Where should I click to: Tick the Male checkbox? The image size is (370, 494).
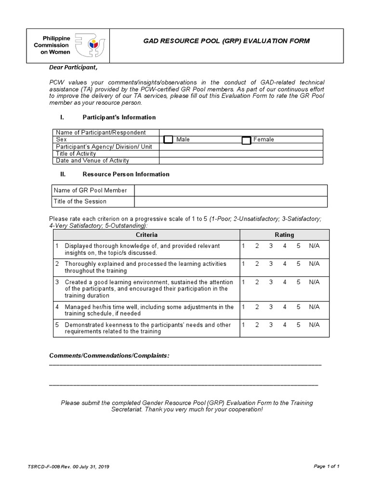pyautogui.click(x=168, y=140)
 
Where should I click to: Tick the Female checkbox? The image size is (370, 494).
pyautogui.click(x=246, y=140)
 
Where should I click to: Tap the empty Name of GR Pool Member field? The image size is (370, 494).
pyautogui.click(x=230, y=190)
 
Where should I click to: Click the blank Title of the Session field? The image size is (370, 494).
pyautogui.click(x=230, y=201)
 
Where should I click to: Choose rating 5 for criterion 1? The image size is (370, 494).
pyautogui.click(x=298, y=246)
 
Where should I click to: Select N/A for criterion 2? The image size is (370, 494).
pyautogui.click(x=314, y=264)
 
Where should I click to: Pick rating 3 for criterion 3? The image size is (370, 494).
pyautogui.click(x=271, y=282)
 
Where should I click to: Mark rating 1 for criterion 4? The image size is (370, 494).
pyautogui.click(x=243, y=307)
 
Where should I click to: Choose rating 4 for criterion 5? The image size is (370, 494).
pyautogui.click(x=285, y=325)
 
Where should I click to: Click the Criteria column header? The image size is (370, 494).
pyautogui.click(x=146, y=235)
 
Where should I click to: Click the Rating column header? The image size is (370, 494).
pyautogui.click(x=284, y=235)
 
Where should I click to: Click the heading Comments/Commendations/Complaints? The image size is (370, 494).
pyautogui.click(x=109, y=356)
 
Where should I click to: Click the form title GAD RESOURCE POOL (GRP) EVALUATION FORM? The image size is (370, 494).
pyautogui.click(x=226, y=41)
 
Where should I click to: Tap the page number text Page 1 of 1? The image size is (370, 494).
pyautogui.click(x=327, y=466)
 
